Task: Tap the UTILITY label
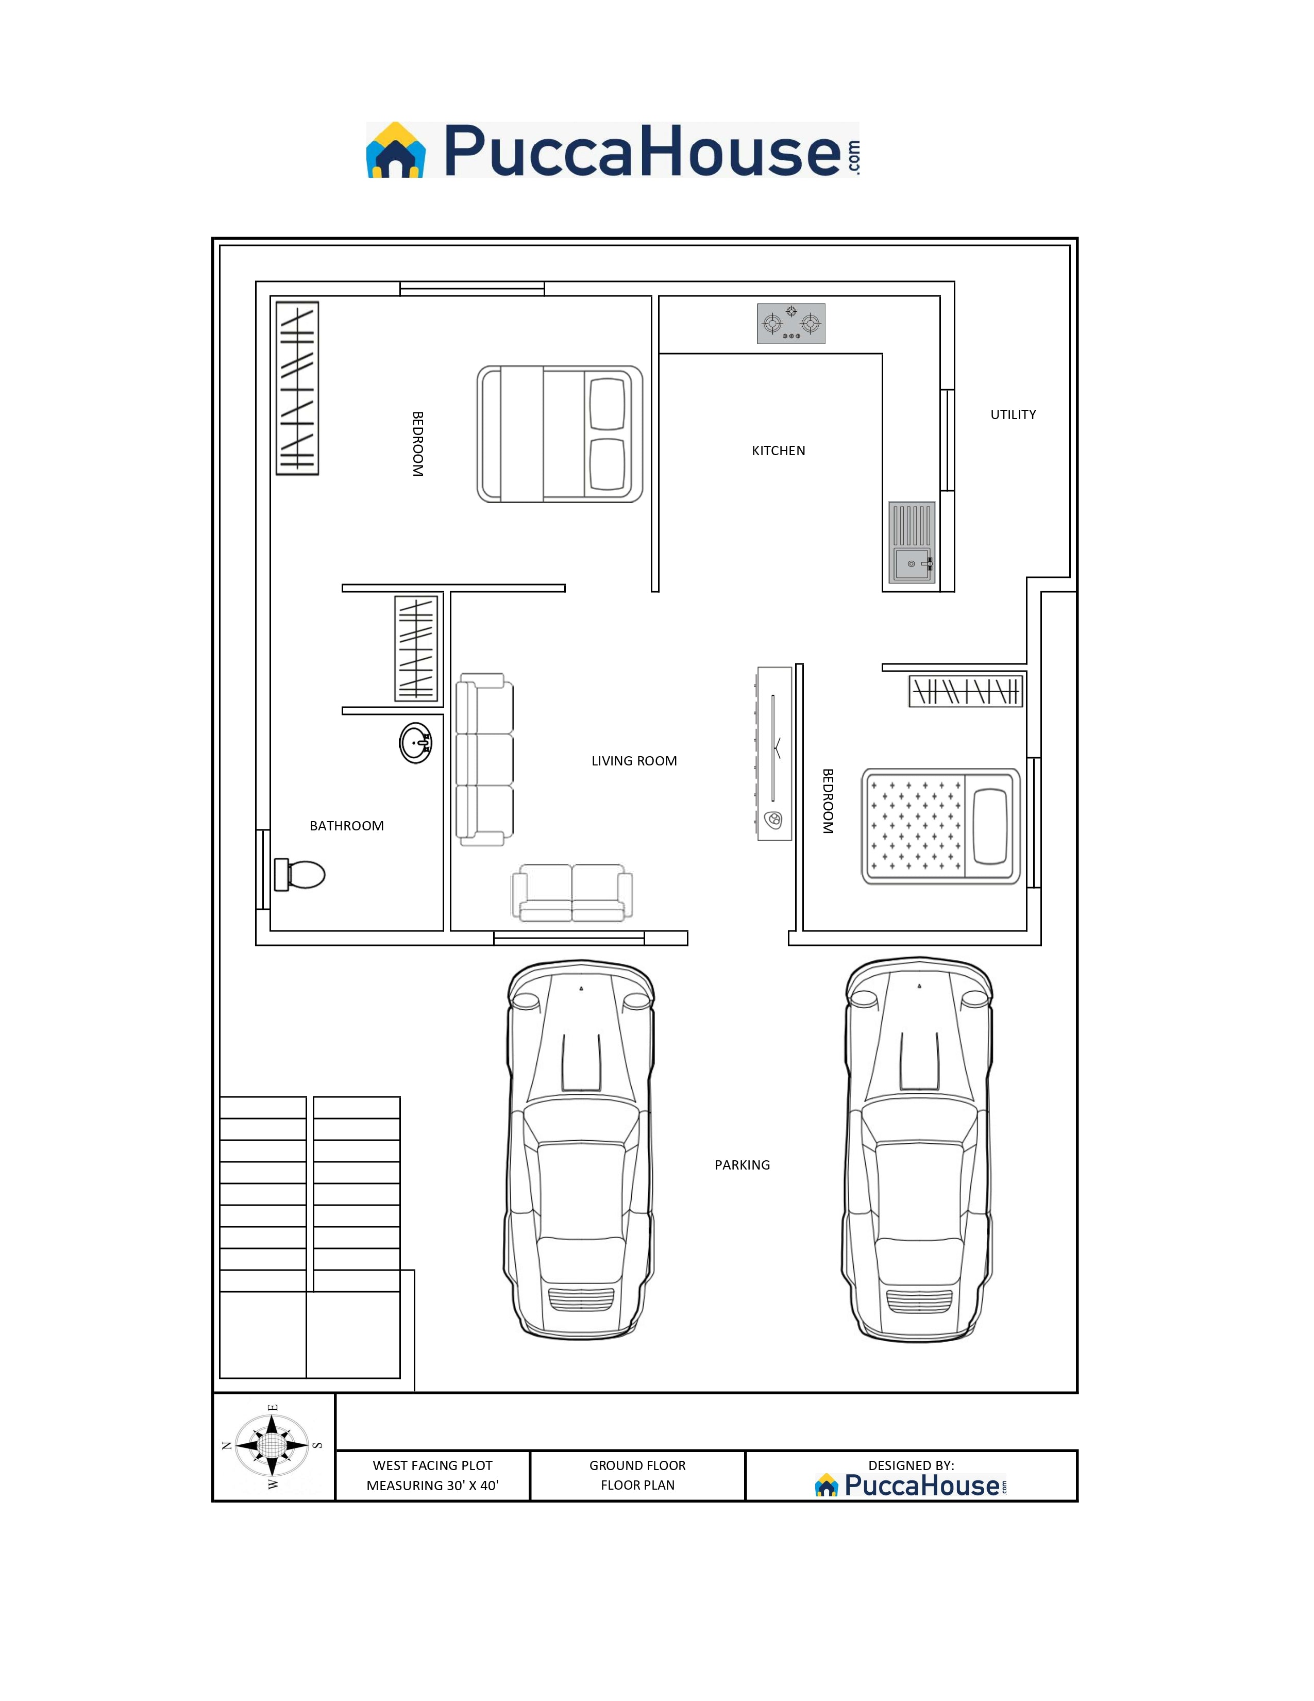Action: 1013,414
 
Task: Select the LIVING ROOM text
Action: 634,761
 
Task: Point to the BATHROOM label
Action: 346,826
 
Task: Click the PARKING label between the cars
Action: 742,1165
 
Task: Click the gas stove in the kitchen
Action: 791,323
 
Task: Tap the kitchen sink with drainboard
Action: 912,542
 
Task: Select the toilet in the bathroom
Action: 300,874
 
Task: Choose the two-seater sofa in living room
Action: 571,892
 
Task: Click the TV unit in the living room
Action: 774,753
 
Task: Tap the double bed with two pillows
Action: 559,434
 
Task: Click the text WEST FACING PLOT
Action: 432,1465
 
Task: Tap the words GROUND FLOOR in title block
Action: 637,1465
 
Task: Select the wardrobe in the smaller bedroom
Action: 965,691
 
